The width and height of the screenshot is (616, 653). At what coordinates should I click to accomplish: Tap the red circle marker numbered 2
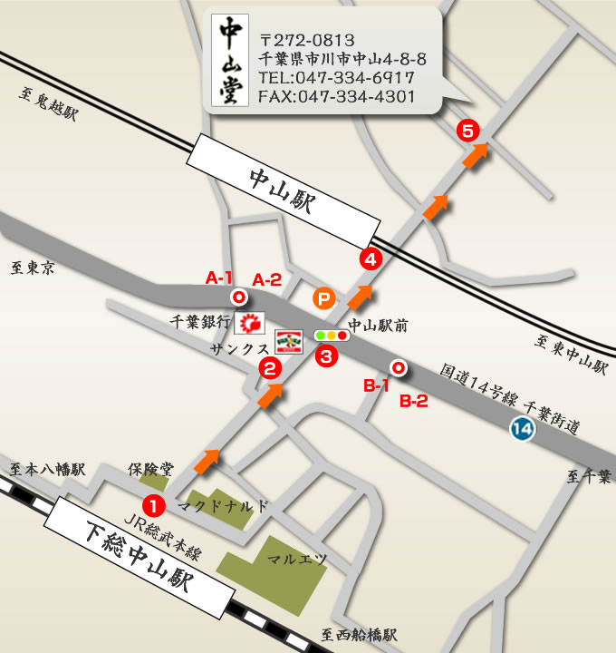click(x=269, y=367)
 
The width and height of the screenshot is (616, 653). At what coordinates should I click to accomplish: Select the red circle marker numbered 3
click(x=327, y=356)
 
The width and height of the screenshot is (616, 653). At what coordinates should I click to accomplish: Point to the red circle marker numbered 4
click(x=370, y=258)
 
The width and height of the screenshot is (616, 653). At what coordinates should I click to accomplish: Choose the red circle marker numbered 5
click(x=467, y=130)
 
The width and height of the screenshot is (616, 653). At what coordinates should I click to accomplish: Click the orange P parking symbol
click(x=322, y=297)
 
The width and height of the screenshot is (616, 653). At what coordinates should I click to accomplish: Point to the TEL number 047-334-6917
click(x=336, y=79)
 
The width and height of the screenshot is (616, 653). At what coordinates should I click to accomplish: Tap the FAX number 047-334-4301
click(x=336, y=97)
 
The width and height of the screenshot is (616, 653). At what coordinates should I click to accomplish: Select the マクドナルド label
click(x=223, y=506)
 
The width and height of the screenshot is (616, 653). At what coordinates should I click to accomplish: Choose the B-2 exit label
click(x=414, y=401)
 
